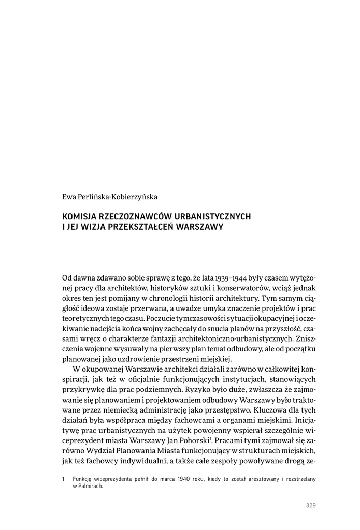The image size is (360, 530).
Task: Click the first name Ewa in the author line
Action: pyautogui.click(x=68, y=197)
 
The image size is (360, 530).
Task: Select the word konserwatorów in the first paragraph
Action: pyautogui.click(x=235, y=288)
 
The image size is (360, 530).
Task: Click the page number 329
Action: pyautogui.click(x=311, y=506)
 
